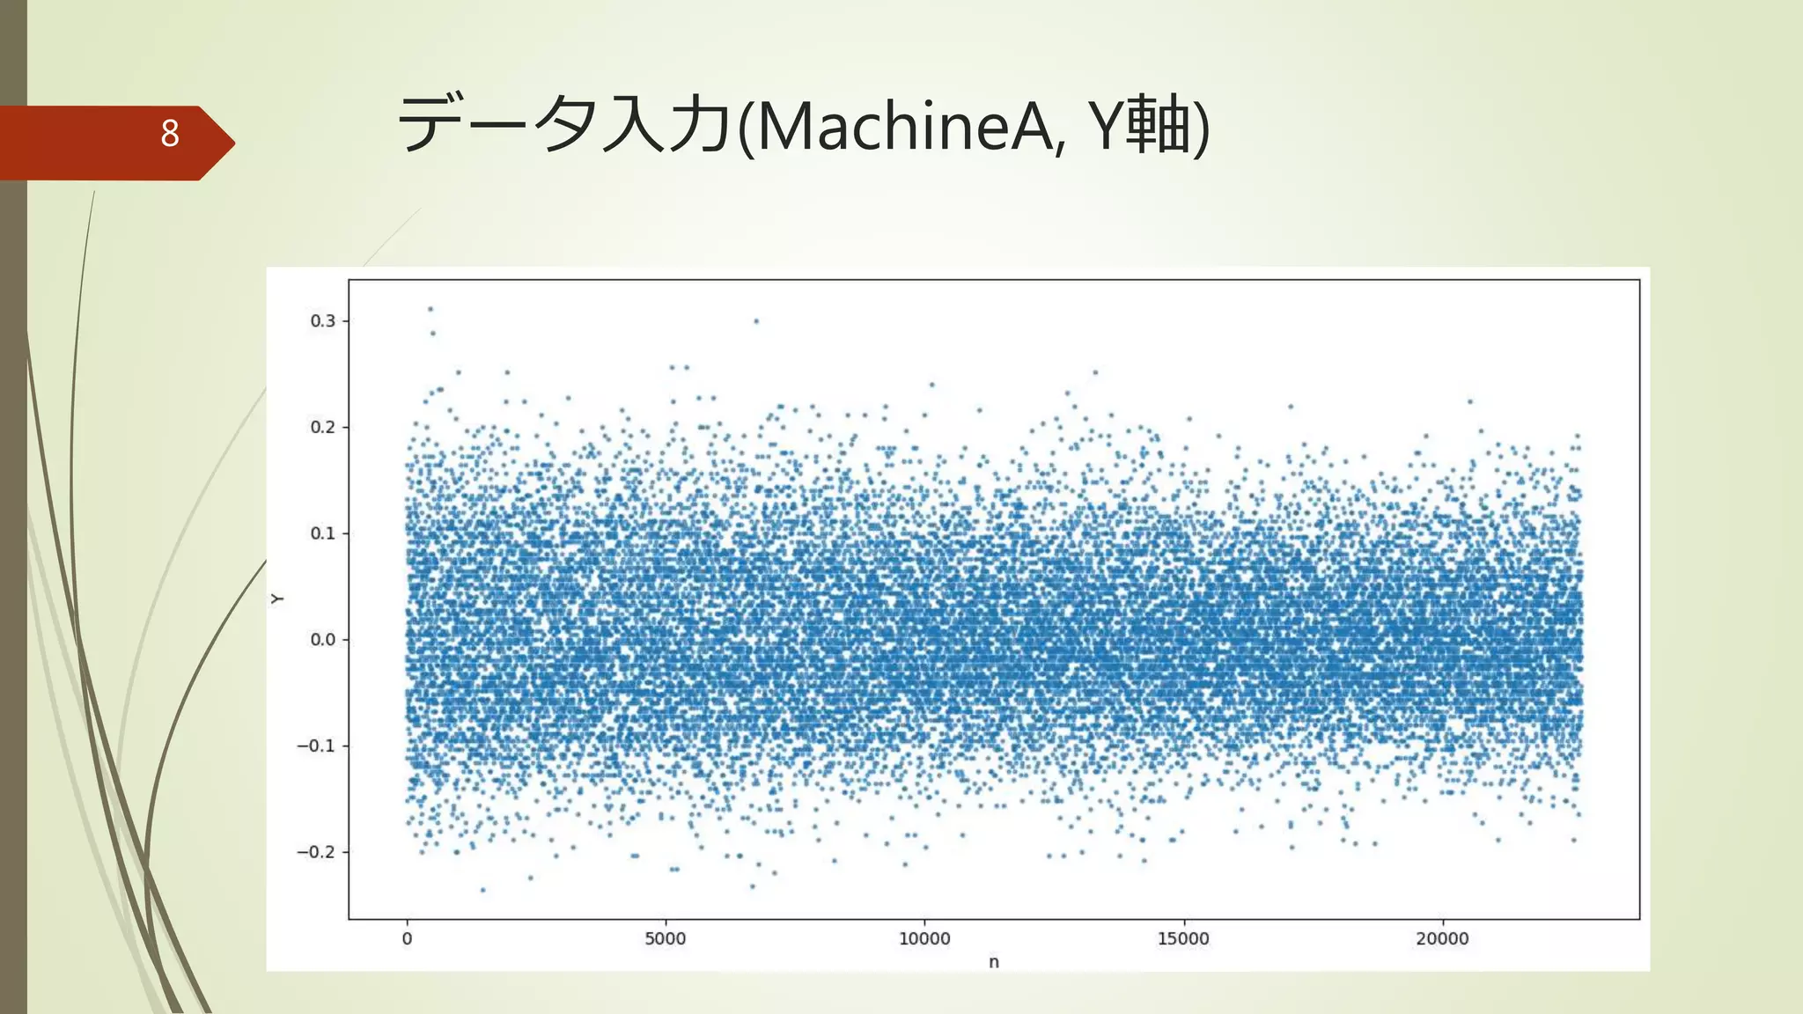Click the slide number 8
tap(170, 134)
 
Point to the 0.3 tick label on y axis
tap(323, 321)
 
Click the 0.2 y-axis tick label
tap(323, 428)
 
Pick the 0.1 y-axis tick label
tap(323, 533)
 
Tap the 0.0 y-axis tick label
tap(323, 640)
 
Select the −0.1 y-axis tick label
tap(316, 746)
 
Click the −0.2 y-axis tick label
tap(316, 852)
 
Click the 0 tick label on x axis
tap(407, 939)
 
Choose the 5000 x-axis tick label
tap(665, 939)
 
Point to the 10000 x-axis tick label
tap(924, 939)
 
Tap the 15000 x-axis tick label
tap(1183, 939)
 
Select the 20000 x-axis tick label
tap(1442, 939)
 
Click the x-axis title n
tap(994, 962)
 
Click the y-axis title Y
tap(277, 599)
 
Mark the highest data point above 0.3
tap(430, 309)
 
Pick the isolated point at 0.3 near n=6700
tap(756, 321)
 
